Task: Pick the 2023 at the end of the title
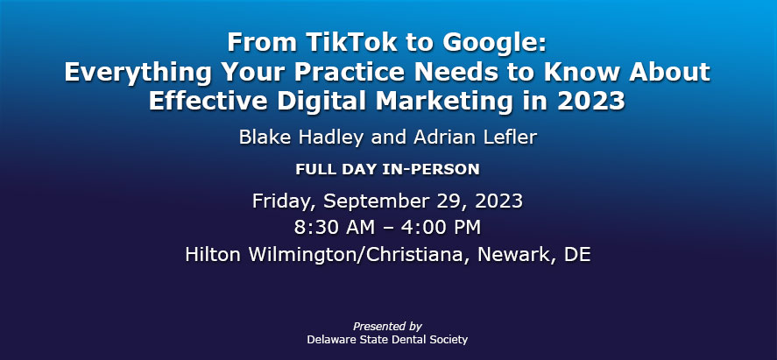point(590,101)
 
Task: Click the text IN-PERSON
point(431,169)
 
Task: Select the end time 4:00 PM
point(443,227)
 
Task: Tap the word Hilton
point(214,254)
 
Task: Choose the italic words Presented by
point(387,327)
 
